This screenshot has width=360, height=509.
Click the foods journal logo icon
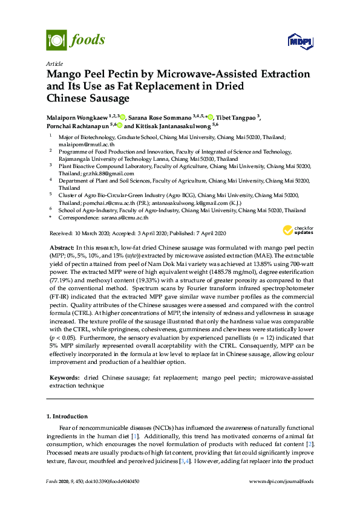tap(56, 41)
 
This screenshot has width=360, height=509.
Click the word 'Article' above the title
tap(54, 63)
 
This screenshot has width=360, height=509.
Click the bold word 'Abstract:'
tap(61, 248)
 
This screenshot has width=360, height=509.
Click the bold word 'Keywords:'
tap(62, 377)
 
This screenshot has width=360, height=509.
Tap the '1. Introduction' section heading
tap(67, 417)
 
